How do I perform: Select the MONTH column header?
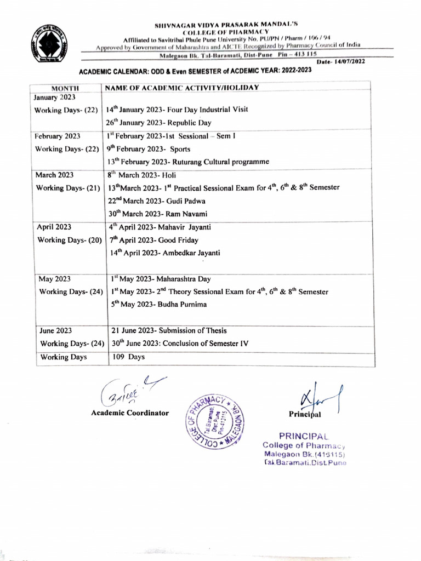click(x=65, y=88)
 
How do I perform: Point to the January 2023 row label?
click(x=55, y=98)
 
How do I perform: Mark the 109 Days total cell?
click(x=128, y=357)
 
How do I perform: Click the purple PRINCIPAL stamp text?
click(x=303, y=436)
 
